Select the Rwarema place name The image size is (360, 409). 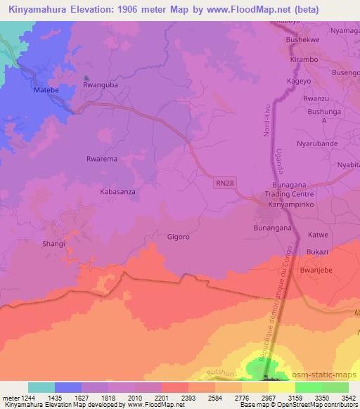(x=101, y=160)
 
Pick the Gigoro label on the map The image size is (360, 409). (x=179, y=237)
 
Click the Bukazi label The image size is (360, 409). (x=318, y=252)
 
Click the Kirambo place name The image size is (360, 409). (x=304, y=61)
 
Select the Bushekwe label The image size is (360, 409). (x=304, y=41)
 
